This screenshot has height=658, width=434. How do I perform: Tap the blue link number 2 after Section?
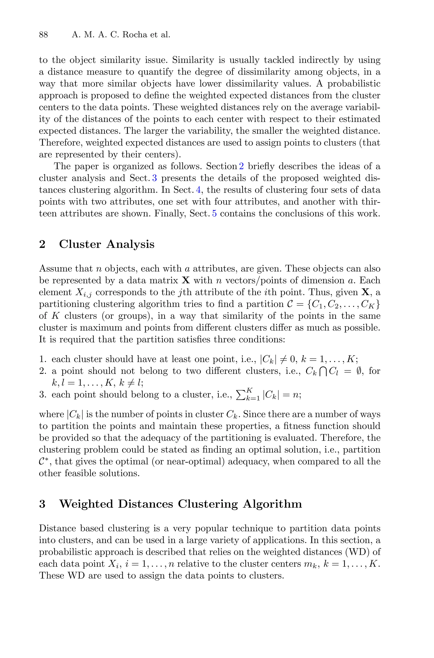click(x=241, y=166)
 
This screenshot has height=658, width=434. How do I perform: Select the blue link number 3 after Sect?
click(x=154, y=178)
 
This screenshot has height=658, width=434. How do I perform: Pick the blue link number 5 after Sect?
click(x=214, y=214)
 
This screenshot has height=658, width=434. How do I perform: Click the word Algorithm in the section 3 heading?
click(x=272, y=504)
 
